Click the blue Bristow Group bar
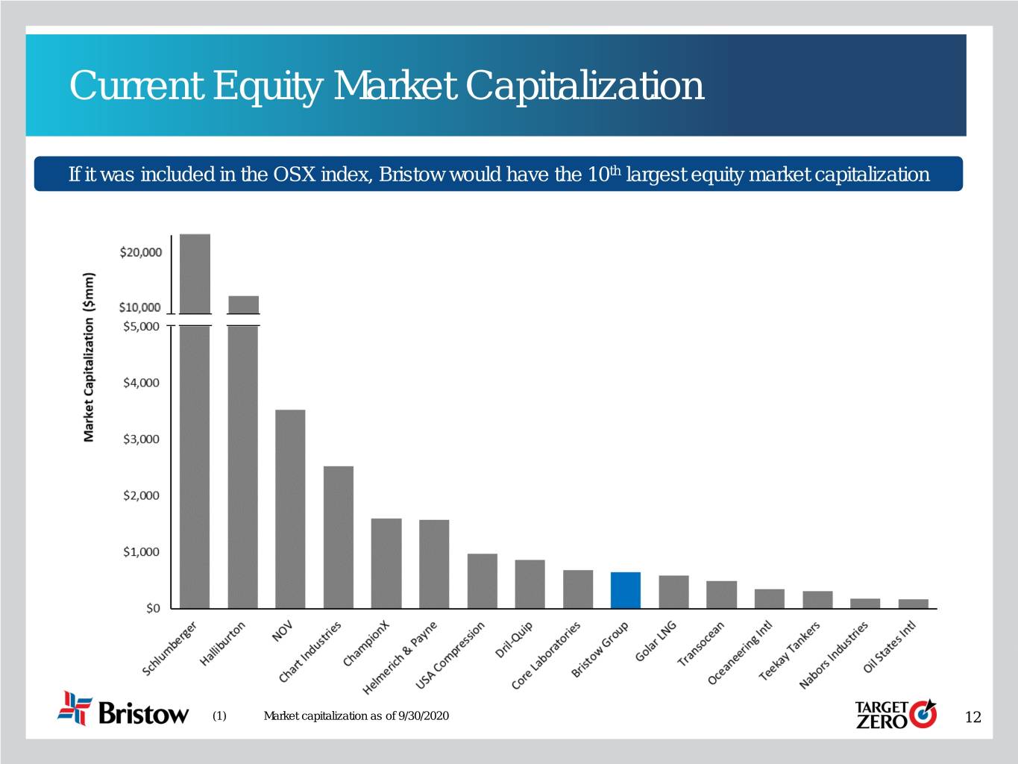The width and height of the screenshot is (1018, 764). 625,590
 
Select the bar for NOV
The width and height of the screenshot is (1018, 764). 290,509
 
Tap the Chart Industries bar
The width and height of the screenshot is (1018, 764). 338,537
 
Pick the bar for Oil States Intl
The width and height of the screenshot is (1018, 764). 913,604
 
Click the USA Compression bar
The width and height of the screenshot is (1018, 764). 482,581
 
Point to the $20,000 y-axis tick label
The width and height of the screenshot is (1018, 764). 140,252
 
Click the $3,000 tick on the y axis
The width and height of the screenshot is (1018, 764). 141,439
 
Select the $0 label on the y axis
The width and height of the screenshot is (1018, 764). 152,608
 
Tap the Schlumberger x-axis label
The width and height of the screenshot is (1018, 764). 170,648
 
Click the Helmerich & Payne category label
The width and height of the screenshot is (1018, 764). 400,657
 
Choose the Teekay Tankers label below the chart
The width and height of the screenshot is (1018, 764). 789,651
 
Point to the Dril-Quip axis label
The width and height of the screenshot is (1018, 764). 514,640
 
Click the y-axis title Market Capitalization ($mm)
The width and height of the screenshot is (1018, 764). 89,357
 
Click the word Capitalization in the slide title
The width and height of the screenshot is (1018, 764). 585,85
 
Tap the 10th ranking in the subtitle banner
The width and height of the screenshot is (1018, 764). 603,175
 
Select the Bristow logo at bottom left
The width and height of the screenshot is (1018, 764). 124,709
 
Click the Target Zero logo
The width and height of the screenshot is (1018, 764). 895,714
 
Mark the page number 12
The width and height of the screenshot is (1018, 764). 973,717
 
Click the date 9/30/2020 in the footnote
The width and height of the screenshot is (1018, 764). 424,716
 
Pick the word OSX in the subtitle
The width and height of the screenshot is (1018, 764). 288,175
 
